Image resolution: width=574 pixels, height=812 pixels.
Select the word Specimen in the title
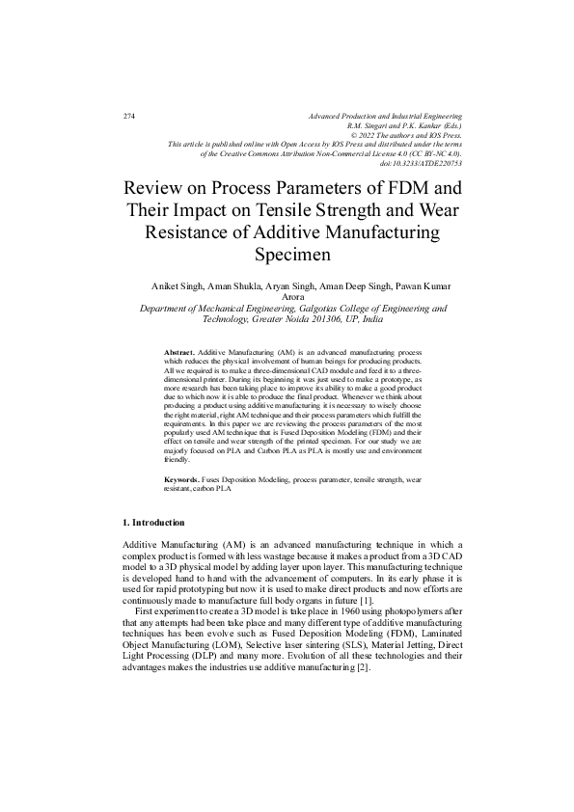(x=292, y=256)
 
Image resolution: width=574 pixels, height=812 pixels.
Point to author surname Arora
(x=292, y=298)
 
